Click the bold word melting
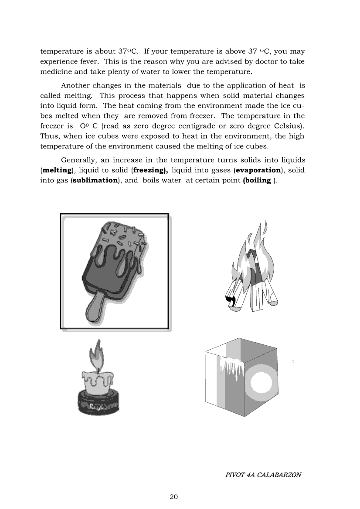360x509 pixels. pos(56,170)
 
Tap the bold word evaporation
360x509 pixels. pos(258,170)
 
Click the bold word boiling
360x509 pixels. pos(259,180)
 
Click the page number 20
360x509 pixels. pos(173,497)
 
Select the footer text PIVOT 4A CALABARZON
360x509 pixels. pos(263,475)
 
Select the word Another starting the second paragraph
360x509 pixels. pos(75,85)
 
